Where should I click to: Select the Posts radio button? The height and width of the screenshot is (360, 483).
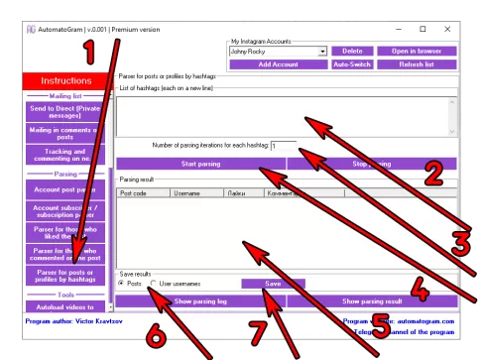122,284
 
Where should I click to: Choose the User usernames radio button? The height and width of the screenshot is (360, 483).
154,284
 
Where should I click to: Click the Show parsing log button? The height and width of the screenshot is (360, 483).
200,300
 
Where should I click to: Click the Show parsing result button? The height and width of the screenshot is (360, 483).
372,300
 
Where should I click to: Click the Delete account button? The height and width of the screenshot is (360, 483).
352,51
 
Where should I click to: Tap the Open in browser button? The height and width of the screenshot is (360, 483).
417,51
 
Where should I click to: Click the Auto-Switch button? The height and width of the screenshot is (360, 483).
352,63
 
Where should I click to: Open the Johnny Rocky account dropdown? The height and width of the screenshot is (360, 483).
322,51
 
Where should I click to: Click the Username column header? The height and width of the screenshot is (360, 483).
196,194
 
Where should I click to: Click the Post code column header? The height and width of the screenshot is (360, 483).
143,194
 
